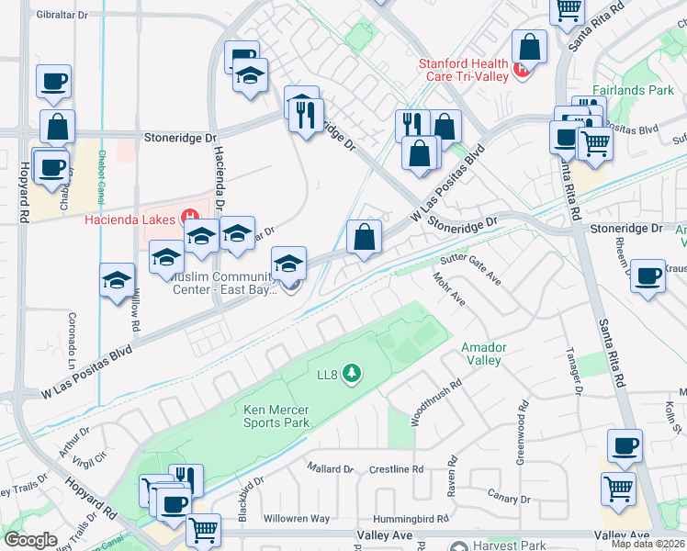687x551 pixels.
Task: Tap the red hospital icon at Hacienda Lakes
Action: (x=191, y=218)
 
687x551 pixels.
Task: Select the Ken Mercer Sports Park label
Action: (x=276, y=416)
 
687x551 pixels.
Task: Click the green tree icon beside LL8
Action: (x=349, y=373)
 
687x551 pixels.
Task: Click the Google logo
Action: (x=30, y=540)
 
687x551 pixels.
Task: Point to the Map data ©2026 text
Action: (x=648, y=544)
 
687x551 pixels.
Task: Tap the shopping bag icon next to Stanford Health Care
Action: (x=530, y=48)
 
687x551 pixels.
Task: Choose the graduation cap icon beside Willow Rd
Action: (x=118, y=281)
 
